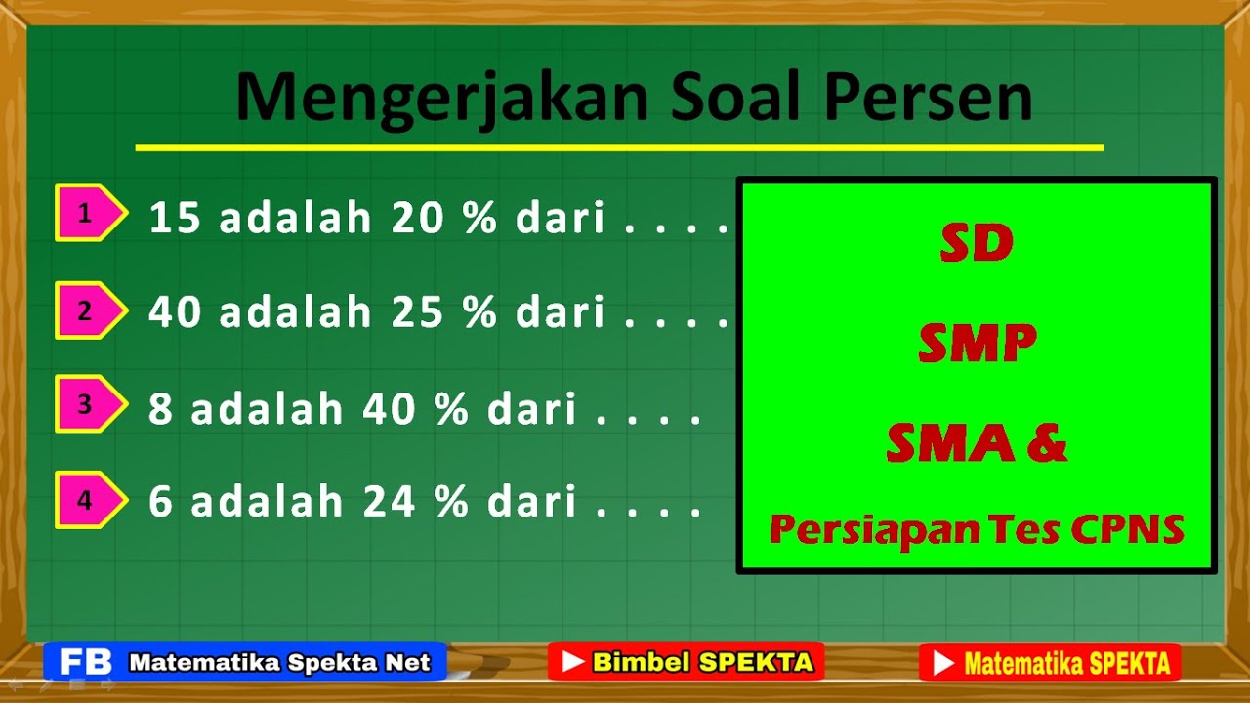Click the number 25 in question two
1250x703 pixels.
[419, 312]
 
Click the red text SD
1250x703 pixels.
[977, 244]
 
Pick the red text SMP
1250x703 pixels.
[977, 343]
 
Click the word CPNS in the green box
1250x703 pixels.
[1127, 529]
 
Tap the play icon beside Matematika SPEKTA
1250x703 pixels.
[942, 664]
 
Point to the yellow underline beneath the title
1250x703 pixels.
[619, 147]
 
